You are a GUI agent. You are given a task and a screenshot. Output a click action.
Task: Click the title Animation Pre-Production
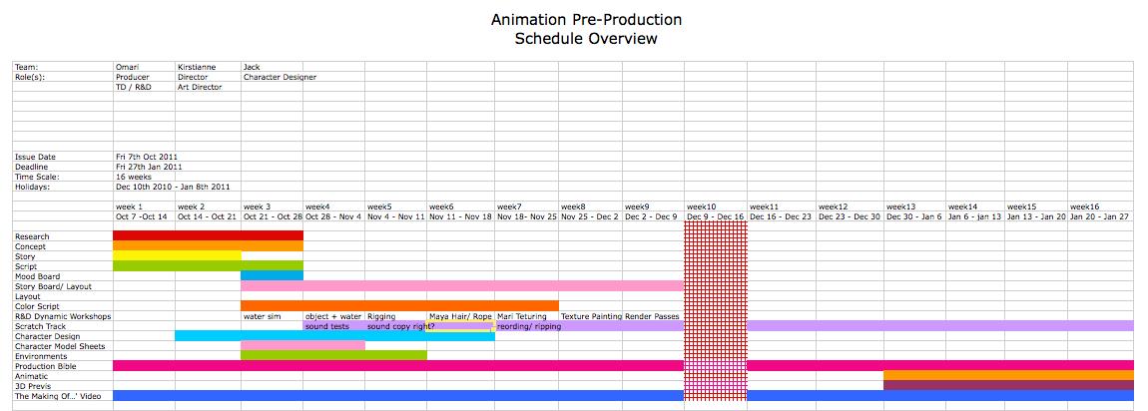coord(586,20)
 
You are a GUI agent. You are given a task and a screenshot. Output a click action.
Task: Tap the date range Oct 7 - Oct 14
coord(142,216)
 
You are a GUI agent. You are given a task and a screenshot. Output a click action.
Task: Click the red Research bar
coord(208,235)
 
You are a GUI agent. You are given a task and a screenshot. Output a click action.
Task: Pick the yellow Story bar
coord(177,255)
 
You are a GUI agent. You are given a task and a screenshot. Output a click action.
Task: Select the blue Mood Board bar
coord(272,275)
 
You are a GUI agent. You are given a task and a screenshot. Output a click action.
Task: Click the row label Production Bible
coord(41,366)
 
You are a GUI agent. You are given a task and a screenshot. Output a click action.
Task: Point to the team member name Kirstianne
coord(198,67)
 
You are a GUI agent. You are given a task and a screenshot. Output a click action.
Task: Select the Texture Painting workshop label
coord(591,316)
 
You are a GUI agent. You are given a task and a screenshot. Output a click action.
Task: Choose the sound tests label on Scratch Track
coord(327,326)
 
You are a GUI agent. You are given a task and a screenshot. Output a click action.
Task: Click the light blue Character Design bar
coord(334,336)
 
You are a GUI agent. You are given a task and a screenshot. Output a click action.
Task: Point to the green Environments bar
coord(333,355)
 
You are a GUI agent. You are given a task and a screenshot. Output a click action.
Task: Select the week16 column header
coord(1086,206)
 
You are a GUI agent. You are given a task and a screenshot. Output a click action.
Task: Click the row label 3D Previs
coord(33,385)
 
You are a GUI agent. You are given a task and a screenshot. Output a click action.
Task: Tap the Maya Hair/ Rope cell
coord(460,316)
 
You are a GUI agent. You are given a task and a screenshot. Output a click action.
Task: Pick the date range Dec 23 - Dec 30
coord(849,216)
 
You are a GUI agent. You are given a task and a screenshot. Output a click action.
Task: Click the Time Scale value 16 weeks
coord(135,177)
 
